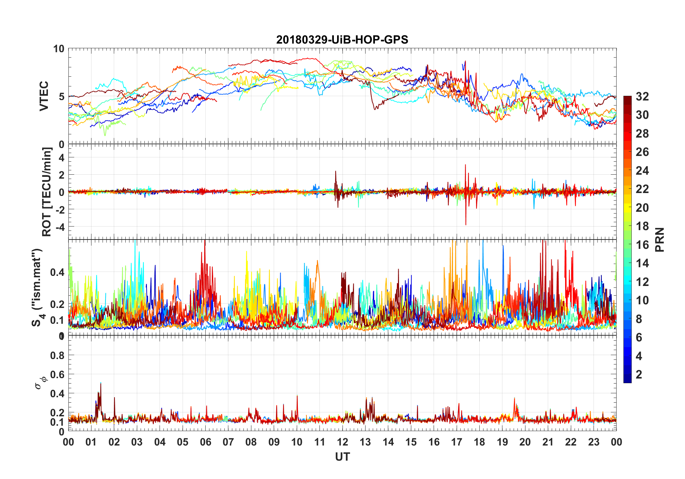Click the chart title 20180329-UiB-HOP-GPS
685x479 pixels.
(342, 40)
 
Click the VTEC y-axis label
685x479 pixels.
(44, 96)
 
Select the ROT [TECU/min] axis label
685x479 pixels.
(47, 192)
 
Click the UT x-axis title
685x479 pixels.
(342, 457)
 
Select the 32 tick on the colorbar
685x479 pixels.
(642, 97)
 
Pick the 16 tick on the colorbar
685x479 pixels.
(642, 245)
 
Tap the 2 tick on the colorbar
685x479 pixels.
(639, 375)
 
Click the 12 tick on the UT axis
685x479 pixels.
(342, 442)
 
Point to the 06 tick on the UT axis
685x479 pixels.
(205, 442)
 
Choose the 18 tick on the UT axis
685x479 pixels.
(479, 442)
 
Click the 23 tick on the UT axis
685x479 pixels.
(594, 442)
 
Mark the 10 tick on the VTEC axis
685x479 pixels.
(59, 49)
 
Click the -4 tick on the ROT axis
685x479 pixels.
(60, 227)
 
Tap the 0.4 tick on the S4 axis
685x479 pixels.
(57, 272)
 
